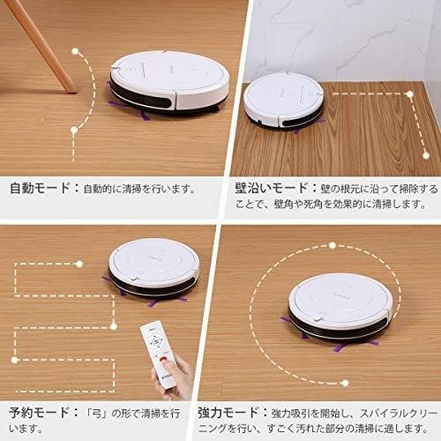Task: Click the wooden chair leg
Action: [41, 46]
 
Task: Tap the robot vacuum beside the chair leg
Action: [169, 83]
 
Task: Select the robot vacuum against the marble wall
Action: [284, 101]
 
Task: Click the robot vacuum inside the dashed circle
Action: [340, 308]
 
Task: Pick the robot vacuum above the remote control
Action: [153, 268]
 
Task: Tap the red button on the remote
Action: [163, 359]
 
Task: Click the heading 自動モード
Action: [40, 188]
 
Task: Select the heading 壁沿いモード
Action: [271, 188]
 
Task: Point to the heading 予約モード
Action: [39, 413]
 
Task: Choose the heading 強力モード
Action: [228, 413]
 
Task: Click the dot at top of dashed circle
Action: [333, 245]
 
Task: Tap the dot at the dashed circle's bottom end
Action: [345, 383]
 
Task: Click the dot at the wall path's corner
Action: [409, 94]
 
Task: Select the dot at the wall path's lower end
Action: [426, 155]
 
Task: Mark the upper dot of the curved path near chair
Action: [75, 51]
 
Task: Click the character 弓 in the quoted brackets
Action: [97, 414]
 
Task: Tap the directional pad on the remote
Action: [155, 341]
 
